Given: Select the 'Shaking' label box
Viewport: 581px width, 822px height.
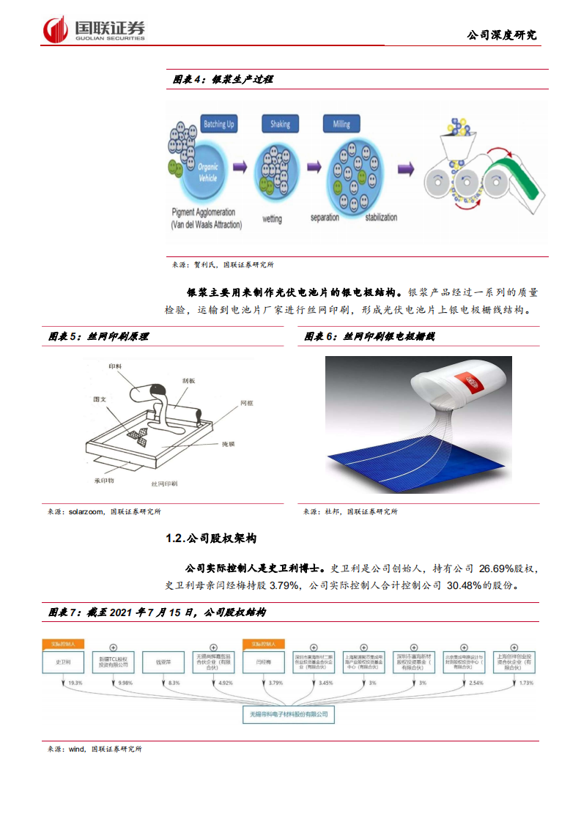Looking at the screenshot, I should [x=279, y=125].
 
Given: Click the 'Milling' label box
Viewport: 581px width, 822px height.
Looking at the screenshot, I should [x=341, y=125].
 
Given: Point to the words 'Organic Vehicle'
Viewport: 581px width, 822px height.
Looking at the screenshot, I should [x=208, y=171].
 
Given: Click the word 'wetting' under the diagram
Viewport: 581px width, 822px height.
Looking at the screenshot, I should [x=272, y=218].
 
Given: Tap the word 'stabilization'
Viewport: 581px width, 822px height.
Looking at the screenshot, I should [x=376, y=217].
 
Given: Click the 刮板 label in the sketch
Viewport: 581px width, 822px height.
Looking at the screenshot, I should [x=189, y=381].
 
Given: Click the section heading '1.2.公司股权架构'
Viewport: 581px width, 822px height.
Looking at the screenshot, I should [x=211, y=538].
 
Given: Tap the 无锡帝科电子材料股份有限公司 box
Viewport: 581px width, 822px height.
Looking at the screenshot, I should [x=289, y=713].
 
